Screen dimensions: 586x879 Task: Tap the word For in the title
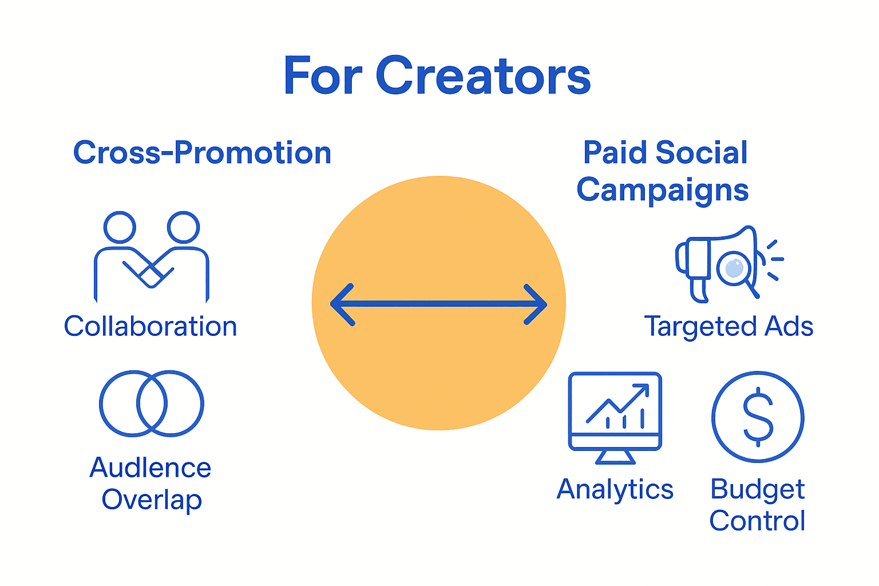point(323,76)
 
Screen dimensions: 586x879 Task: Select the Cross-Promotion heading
point(202,153)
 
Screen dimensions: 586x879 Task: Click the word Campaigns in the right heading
point(662,191)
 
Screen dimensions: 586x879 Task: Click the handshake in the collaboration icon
point(150,270)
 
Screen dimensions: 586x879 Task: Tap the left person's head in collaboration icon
point(120,227)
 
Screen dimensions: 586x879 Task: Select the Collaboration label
point(151,327)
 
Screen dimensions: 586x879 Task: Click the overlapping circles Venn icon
point(152,403)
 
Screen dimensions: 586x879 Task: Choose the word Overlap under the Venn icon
point(152,500)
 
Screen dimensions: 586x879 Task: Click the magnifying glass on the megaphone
point(735,268)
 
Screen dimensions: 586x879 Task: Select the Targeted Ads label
point(728,327)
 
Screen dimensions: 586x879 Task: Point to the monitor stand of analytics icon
point(615,457)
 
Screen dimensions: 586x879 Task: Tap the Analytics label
point(615,490)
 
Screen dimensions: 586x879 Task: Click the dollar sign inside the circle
point(758,417)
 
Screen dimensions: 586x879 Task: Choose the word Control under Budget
point(757,521)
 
